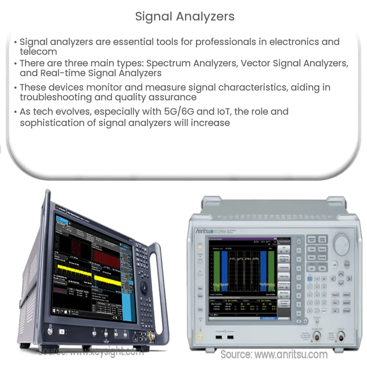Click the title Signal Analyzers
[x=185, y=17]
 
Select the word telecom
[x=39, y=51]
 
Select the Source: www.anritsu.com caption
[x=274, y=354]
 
